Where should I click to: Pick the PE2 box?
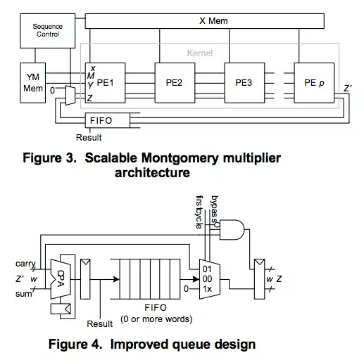tap(174, 82)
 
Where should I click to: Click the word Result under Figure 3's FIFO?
tap(89, 137)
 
